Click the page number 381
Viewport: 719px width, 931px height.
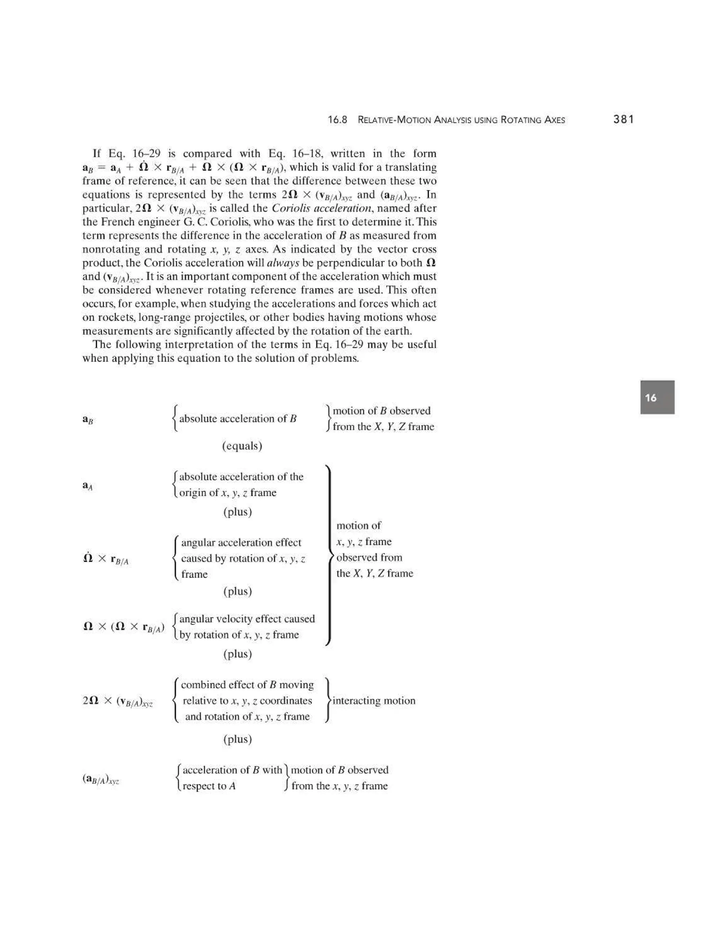pos(623,119)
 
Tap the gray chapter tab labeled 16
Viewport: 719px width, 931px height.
pos(657,397)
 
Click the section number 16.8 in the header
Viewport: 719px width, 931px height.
pos(337,120)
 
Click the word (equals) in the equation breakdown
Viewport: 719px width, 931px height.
pos(242,446)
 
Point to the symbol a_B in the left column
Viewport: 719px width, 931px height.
pos(88,419)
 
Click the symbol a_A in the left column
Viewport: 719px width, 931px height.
pos(87,486)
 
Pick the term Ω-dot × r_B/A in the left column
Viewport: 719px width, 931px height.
pos(106,559)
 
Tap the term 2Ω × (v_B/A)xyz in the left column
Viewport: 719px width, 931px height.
pos(118,701)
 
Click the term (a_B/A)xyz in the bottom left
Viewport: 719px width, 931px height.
pos(100,779)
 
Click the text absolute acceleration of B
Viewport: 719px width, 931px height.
pos(238,419)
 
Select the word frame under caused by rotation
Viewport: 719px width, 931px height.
pos(194,574)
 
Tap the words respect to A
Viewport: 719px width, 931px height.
pos(209,786)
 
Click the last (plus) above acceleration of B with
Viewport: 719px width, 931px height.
pos(238,739)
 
